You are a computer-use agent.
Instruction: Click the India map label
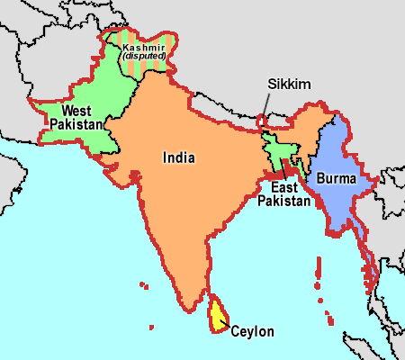[x=179, y=157]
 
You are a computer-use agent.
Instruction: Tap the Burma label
[x=334, y=178]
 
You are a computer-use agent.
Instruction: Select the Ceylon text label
[x=252, y=330]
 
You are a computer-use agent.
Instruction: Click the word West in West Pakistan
[x=75, y=112]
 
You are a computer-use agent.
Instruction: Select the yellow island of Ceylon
[x=216, y=315]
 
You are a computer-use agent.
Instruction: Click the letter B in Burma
[x=318, y=178]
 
